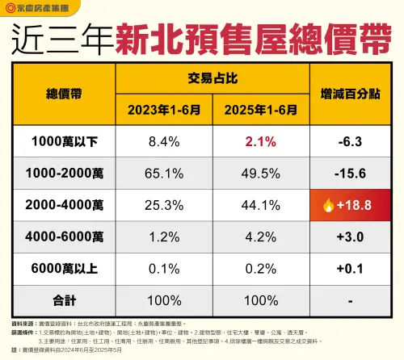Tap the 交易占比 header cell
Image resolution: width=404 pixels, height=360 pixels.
pos(213,79)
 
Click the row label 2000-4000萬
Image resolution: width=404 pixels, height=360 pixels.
pos(62,205)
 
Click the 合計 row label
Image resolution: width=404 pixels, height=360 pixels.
pos(62,299)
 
